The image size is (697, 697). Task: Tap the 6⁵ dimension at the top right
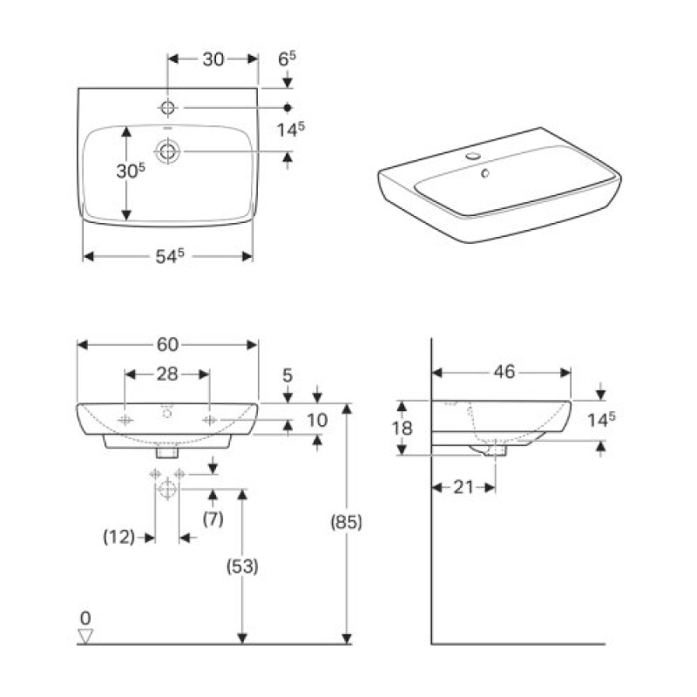click(288, 58)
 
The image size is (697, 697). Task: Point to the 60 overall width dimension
click(168, 344)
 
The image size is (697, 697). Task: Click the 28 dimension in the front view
click(167, 374)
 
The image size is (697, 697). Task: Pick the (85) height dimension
click(346, 523)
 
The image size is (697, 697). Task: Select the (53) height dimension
click(243, 566)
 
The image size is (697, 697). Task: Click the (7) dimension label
click(213, 519)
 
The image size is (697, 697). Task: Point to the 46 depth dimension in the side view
click(504, 372)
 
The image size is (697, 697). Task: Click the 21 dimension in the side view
click(463, 487)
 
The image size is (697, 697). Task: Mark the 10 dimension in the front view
click(317, 420)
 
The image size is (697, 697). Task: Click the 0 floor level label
click(85, 619)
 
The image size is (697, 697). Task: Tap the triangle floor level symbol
click(85, 637)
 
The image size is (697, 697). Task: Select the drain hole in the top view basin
click(167, 152)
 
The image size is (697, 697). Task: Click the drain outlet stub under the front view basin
click(166, 452)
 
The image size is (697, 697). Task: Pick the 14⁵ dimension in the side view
click(601, 419)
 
